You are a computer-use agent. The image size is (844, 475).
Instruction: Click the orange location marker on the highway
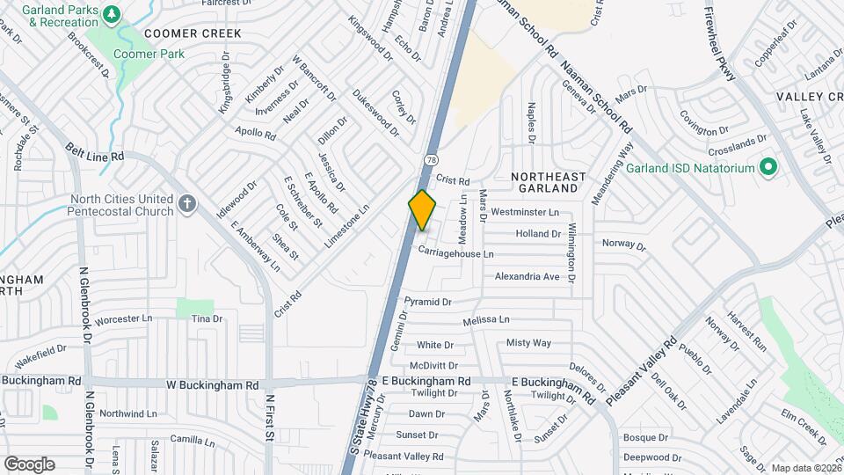click(x=423, y=210)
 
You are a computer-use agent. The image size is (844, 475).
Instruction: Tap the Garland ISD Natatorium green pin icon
click(x=768, y=166)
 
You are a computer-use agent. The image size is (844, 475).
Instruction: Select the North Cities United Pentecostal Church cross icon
click(x=186, y=204)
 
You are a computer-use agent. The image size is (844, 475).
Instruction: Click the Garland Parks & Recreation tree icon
click(x=111, y=15)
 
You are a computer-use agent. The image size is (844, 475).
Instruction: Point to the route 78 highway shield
click(x=430, y=160)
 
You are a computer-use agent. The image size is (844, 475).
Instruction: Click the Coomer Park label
click(x=148, y=54)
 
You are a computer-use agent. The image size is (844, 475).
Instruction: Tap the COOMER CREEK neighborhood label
click(x=193, y=33)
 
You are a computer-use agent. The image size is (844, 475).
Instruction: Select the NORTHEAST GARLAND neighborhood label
click(x=549, y=183)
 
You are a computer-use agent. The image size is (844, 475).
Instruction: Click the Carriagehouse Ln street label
click(x=455, y=253)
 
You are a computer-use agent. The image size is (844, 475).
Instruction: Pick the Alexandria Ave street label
click(x=527, y=276)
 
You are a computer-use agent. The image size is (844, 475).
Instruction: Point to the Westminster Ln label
click(x=525, y=212)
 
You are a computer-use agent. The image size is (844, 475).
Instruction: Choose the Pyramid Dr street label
click(x=428, y=302)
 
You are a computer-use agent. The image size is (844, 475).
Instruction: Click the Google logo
click(x=29, y=464)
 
